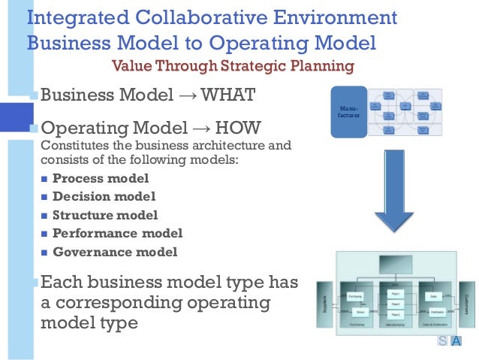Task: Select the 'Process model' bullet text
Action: tap(101, 178)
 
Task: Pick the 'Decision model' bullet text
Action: tap(104, 196)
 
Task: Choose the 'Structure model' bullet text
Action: tap(105, 215)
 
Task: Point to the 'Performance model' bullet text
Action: tap(117, 233)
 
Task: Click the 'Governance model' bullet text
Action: tap(115, 252)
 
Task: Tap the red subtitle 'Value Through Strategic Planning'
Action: tap(232, 66)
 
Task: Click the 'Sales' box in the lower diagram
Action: tap(435, 297)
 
